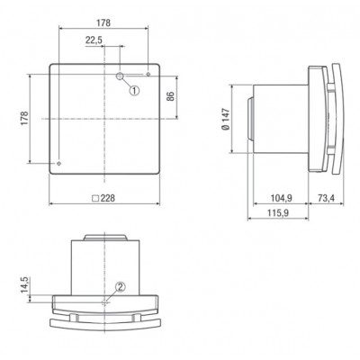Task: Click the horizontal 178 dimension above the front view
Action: coord(103,22)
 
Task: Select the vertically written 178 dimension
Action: coord(24,118)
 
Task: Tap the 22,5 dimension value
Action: coord(94,40)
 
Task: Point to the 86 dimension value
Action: coord(170,96)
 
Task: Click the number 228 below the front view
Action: coord(108,198)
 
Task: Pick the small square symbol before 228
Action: coord(95,198)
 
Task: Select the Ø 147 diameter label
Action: coord(226,119)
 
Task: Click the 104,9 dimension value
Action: coord(282,198)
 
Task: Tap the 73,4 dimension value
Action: coord(326,198)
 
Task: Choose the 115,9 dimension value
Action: coord(278,213)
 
